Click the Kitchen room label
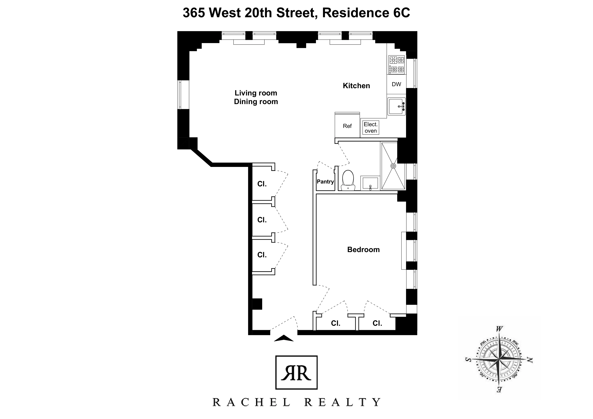point(356,86)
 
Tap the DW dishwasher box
point(396,84)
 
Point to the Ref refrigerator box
point(347,126)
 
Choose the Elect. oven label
point(371,128)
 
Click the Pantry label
point(325,181)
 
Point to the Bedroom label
point(363,250)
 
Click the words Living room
point(256,93)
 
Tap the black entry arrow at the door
point(284,338)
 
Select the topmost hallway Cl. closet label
point(262,184)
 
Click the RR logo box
point(296,373)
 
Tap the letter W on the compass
point(499,329)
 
